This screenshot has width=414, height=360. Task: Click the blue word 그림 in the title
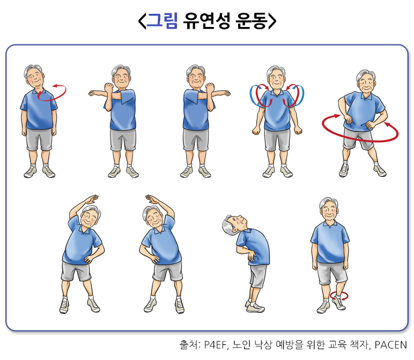point(162,20)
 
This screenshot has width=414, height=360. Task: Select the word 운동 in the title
point(251,20)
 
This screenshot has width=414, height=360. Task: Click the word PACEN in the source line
point(391,345)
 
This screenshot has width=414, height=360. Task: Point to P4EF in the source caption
point(215,345)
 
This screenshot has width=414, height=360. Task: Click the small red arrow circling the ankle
point(339,296)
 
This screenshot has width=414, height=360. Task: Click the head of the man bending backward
point(233,225)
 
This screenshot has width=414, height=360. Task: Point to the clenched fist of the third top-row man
point(210,88)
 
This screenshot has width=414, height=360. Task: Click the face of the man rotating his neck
point(35,78)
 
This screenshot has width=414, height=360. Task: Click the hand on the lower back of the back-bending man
point(251,256)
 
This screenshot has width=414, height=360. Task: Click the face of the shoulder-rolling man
point(277,79)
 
